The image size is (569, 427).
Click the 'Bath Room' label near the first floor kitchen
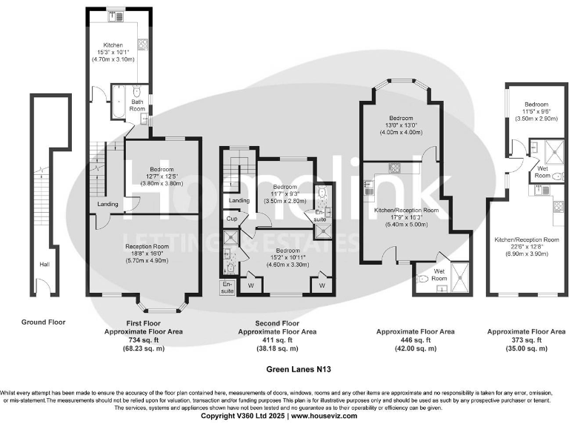pyautogui.click(x=138, y=105)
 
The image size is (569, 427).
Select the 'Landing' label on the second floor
pyautogui.click(x=239, y=201)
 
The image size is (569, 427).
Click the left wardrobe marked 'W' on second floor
pyautogui.click(x=250, y=285)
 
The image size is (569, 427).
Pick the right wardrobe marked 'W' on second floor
pyautogui.click(x=323, y=285)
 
